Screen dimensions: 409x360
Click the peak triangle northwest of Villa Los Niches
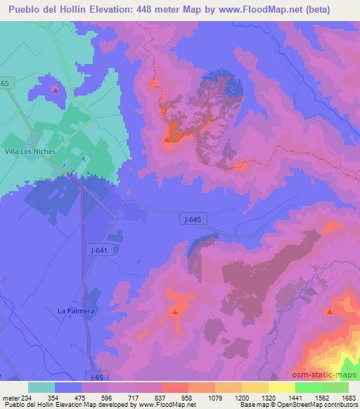[56, 89]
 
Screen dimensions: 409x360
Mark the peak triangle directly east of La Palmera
[174, 311]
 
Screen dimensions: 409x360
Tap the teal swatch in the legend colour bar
[41, 387]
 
